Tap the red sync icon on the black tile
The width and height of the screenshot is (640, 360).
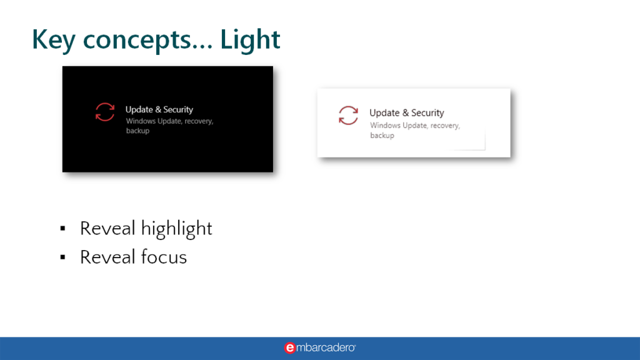105,112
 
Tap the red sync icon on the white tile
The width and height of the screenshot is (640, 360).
348,115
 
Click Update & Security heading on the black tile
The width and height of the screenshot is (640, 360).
159,109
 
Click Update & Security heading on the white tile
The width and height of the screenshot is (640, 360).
406,112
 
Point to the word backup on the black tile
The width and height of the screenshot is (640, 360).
137,131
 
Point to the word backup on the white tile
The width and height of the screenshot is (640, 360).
382,136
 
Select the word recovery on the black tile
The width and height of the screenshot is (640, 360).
199,121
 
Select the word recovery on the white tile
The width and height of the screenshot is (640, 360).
445,126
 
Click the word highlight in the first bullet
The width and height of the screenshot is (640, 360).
176,228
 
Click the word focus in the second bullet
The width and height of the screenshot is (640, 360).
164,257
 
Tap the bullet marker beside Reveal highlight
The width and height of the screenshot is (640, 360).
62,228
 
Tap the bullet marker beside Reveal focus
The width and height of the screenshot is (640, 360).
62,257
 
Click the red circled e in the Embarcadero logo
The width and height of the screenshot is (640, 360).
289,347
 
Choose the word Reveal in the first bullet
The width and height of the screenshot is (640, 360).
107,228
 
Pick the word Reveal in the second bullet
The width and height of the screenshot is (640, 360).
107,257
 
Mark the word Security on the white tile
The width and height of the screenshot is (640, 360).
427,112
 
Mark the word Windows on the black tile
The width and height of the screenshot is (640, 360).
141,121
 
